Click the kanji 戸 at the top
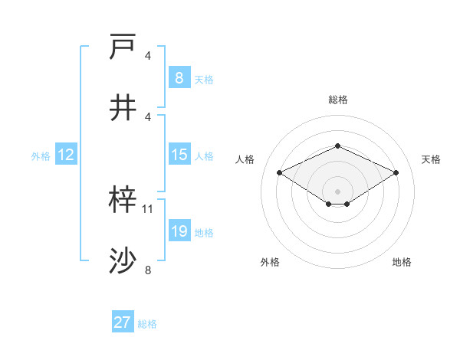(x=123, y=48)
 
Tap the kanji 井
(x=123, y=108)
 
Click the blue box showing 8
(x=179, y=78)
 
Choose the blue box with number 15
(x=179, y=155)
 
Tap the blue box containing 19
(x=179, y=231)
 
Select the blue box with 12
(x=66, y=155)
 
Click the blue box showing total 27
(x=123, y=322)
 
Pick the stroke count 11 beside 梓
(x=148, y=208)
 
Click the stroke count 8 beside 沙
(x=148, y=269)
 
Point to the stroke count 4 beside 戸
(x=148, y=55)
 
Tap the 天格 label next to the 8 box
(x=204, y=79)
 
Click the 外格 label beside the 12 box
(x=41, y=155)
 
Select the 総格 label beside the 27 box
(x=147, y=323)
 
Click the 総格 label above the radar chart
(x=337, y=100)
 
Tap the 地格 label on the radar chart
(x=402, y=262)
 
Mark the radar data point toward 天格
(x=396, y=173)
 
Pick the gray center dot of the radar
(x=337, y=191)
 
